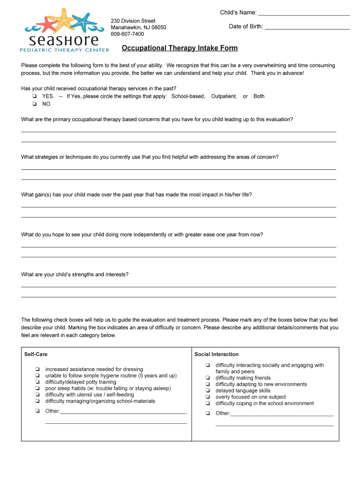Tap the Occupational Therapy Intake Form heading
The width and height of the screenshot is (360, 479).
[180, 48]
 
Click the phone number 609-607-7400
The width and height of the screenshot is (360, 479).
[127, 34]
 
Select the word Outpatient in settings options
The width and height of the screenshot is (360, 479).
[223, 96]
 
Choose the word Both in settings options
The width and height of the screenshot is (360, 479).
[259, 96]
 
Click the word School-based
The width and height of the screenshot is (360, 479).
[188, 96]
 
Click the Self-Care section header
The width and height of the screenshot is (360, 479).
[36, 354]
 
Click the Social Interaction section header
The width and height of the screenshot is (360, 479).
[216, 354]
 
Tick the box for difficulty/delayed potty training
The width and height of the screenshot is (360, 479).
[36, 382]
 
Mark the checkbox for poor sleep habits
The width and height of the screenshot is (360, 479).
[36, 389]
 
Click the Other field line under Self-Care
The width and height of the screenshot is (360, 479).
[123, 412]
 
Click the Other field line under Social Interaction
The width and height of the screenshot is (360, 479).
[282, 414]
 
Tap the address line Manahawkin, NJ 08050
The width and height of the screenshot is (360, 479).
[138, 28]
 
